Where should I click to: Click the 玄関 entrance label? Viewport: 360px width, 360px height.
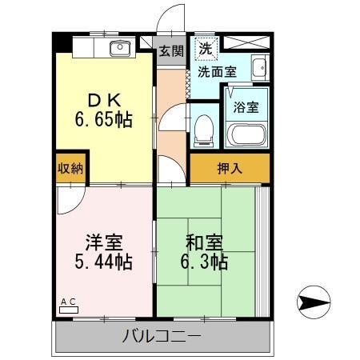tap(170, 51)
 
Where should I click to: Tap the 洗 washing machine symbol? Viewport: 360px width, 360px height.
tap(206, 47)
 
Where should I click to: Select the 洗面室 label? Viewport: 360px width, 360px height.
tap(217, 72)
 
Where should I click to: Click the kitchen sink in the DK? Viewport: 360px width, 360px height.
tap(119, 48)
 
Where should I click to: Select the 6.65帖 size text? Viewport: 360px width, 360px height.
tap(104, 121)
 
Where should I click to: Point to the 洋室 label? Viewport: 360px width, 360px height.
tap(104, 241)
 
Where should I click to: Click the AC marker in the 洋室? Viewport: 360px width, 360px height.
tap(68, 302)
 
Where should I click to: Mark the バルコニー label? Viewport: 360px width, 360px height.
tap(162, 335)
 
